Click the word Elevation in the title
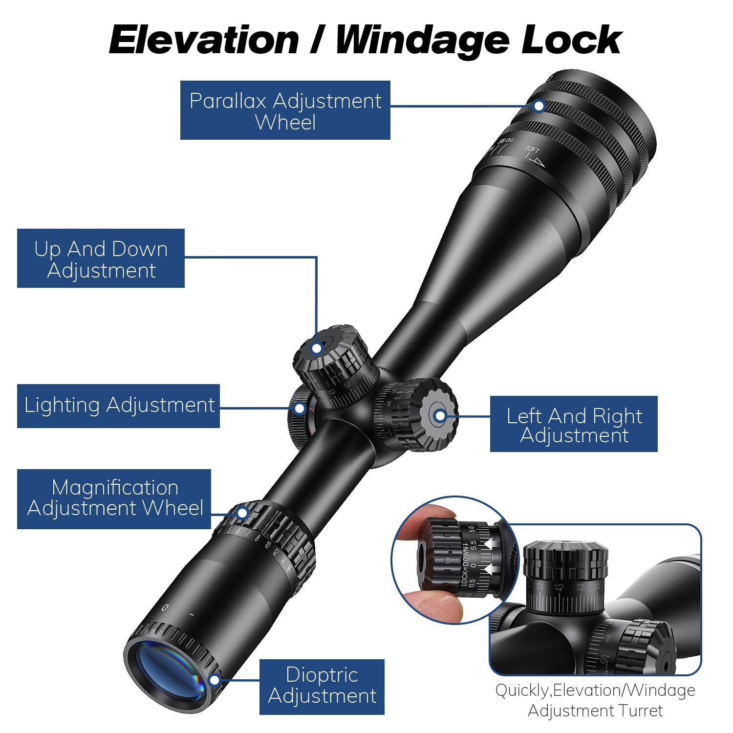point(204,40)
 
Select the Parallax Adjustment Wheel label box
point(285,110)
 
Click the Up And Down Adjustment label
point(101,259)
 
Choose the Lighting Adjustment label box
point(119,406)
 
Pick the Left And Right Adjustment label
point(574,424)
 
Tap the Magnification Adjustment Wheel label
point(114,498)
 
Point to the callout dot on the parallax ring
point(539,106)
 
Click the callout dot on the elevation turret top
point(317,348)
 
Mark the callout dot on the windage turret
point(440,416)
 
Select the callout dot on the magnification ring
point(242,513)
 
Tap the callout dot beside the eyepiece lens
point(214,680)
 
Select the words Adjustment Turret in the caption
point(595,711)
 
